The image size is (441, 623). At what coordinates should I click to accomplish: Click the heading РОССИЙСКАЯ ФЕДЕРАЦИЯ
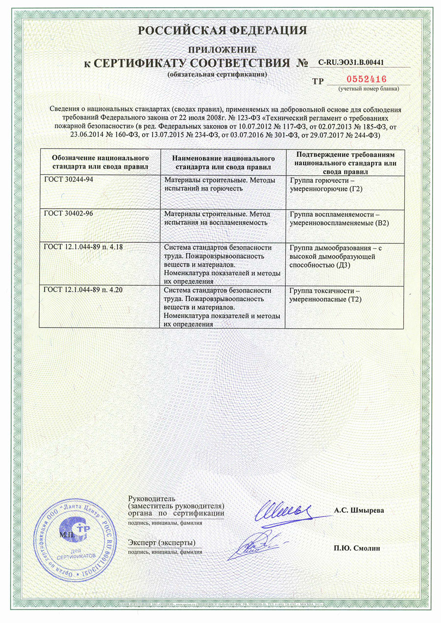coord(222,30)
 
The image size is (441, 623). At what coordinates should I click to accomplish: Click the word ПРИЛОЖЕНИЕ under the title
coord(222,49)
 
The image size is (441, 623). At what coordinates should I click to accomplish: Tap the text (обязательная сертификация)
coord(218,74)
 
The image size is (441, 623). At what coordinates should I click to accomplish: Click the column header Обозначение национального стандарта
coord(100,162)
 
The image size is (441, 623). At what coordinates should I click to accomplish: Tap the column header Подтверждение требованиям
coord(346,162)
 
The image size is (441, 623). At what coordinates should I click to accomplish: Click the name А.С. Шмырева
coord(359,510)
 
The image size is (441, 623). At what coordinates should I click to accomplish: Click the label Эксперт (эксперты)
coord(161,542)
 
